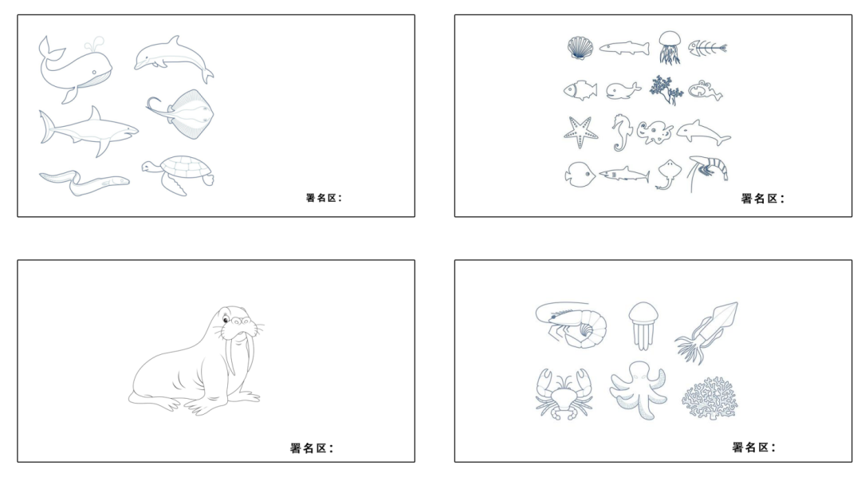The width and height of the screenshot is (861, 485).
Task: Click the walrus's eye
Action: pyautogui.click(x=226, y=320)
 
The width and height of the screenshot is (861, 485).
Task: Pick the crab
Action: pyautogui.click(x=564, y=394)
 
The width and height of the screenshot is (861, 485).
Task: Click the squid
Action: pyautogui.click(x=707, y=331)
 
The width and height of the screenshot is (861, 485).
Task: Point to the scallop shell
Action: pyautogui.click(x=580, y=48)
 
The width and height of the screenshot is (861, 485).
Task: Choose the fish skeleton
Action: pyautogui.click(x=707, y=48)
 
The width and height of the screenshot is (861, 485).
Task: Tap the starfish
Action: pyautogui.click(x=580, y=132)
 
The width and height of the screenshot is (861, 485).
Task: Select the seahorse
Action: pyautogui.click(x=622, y=132)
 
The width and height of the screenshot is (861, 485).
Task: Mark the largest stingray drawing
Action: pyautogui.click(x=181, y=114)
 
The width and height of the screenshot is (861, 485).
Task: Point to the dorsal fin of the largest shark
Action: pyautogui.click(x=95, y=116)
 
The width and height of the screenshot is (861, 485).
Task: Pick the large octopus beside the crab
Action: pyautogui.click(x=639, y=389)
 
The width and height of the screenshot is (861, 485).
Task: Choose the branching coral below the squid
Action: pyautogui.click(x=710, y=398)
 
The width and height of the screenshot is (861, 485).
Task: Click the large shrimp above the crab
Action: pyautogui.click(x=571, y=325)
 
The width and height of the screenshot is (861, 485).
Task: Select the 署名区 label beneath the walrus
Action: pyautogui.click(x=312, y=448)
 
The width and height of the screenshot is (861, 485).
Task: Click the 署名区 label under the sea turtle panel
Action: pyautogui.click(x=324, y=198)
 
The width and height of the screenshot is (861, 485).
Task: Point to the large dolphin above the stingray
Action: pyautogui.click(x=174, y=59)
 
